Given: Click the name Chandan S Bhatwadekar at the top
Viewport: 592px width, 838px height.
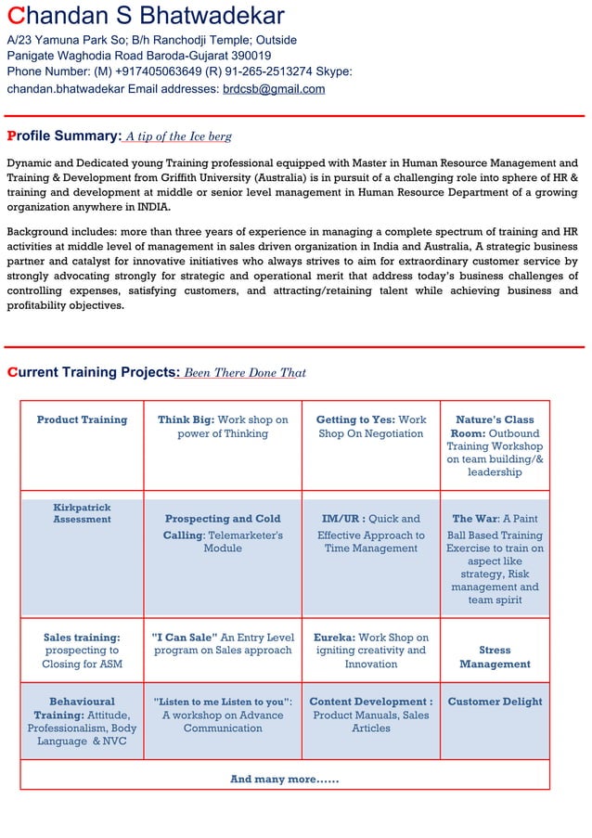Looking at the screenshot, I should [x=146, y=16].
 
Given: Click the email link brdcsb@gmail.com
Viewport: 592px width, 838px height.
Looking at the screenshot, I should [x=274, y=89].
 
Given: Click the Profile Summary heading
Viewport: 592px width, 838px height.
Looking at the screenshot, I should [x=64, y=136].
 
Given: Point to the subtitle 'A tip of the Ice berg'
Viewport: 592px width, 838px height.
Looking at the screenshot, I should [x=179, y=137].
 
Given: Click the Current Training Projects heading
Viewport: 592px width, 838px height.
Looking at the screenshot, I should [x=93, y=372].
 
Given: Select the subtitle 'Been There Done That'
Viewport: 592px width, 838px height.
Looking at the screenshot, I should [x=245, y=373].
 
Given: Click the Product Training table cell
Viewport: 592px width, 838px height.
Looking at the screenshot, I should [x=82, y=420].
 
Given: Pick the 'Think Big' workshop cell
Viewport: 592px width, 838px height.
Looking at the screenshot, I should [x=223, y=427].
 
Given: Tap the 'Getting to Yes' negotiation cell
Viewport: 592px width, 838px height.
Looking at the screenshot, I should [x=370, y=427].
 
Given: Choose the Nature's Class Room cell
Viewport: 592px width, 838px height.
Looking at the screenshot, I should [x=495, y=445].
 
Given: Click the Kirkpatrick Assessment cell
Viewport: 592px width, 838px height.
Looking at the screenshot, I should [x=82, y=513].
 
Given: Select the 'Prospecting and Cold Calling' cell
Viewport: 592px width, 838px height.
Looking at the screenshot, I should [x=223, y=534].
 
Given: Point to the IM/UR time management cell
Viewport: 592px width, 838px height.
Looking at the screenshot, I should [x=370, y=534].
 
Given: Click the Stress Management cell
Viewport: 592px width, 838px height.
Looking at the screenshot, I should [x=495, y=657].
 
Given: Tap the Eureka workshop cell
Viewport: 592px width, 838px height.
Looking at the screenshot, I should [x=370, y=651].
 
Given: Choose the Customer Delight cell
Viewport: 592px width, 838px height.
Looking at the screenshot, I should [x=495, y=702].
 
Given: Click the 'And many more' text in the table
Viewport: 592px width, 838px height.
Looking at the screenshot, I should [x=284, y=779].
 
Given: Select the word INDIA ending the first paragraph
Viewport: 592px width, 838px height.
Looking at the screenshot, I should [x=153, y=207].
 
